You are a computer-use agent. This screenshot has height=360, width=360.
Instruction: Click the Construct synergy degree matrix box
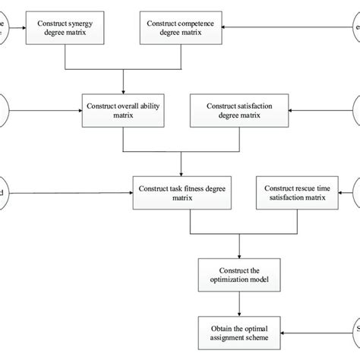click(66, 29)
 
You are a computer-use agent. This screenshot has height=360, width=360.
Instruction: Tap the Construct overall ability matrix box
click(124, 108)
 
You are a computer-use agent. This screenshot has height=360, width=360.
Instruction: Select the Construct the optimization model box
click(240, 272)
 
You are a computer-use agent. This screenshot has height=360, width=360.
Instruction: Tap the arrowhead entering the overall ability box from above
click(124, 90)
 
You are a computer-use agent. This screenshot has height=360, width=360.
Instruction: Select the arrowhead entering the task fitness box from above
click(181, 173)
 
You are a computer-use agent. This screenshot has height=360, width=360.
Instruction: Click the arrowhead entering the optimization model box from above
click(240, 254)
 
